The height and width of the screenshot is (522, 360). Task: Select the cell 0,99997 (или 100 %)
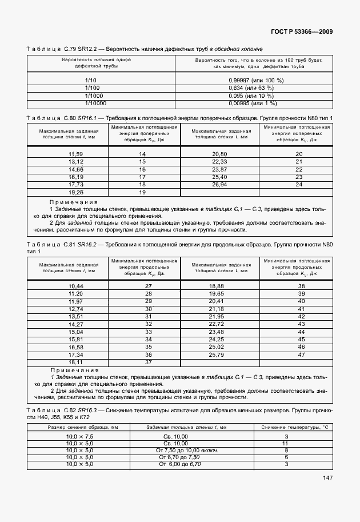pyautogui.click(x=255, y=81)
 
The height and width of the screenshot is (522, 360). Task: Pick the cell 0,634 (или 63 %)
pyautogui.click(x=255, y=88)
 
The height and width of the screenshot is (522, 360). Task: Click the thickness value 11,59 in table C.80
pyautogui.click(x=75, y=155)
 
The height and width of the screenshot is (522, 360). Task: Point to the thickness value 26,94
pyautogui.click(x=220, y=185)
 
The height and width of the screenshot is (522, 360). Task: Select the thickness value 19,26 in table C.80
pyautogui.click(x=75, y=192)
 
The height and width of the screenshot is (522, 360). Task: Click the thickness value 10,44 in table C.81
pyautogui.click(x=75, y=286)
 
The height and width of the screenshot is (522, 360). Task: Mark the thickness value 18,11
pyautogui.click(x=75, y=362)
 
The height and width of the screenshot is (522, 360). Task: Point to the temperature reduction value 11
pyautogui.click(x=302, y=444)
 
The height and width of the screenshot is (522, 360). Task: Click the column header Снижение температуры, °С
pyautogui.click(x=295, y=428)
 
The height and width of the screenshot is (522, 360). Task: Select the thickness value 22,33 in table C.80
pyautogui.click(x=220, y=162)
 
